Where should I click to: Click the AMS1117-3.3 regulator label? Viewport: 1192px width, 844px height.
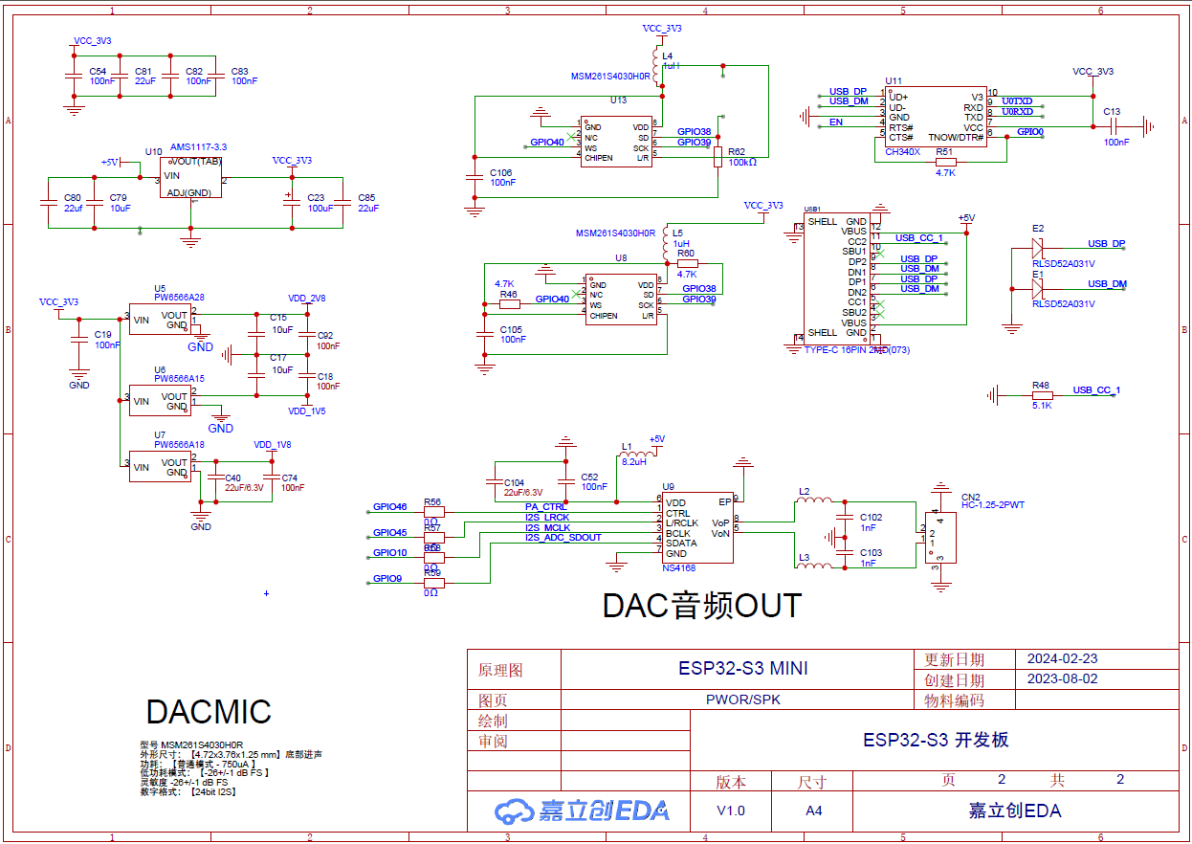pos(198,146)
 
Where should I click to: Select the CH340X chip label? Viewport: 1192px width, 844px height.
pos(902,151)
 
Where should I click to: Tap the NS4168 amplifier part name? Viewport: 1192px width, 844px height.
pos(679,567)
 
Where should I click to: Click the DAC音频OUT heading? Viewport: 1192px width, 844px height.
pos(701,606)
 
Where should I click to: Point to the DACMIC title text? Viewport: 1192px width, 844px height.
pos(209,712)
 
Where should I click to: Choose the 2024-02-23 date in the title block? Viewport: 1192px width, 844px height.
pos(1062,659)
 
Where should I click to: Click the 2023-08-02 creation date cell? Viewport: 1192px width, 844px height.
pos(1062,679)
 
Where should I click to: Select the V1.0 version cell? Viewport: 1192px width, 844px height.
pos(731,811)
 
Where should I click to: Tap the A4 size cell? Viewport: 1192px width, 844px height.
pos(813,811)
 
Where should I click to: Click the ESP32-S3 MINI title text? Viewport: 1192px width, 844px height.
pos(742,669)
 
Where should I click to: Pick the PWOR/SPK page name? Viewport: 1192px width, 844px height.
pos(742,700)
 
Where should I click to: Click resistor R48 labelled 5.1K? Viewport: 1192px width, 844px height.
pos(1042,394)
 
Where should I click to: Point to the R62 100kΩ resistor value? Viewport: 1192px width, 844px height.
pos(742,163)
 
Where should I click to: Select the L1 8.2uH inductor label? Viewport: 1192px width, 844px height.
pos(633,460)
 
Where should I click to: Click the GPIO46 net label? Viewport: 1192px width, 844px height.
pos(389,506)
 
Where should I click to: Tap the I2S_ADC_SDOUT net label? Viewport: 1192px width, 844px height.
pos(563,538)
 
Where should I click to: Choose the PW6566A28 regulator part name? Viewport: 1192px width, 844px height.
pos(179,297)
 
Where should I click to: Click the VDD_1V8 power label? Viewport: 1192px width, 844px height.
pos(272,445)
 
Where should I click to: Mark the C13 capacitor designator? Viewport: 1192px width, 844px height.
pos(1111,112)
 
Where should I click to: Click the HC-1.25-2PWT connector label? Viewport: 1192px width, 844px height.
pos(992,504)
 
